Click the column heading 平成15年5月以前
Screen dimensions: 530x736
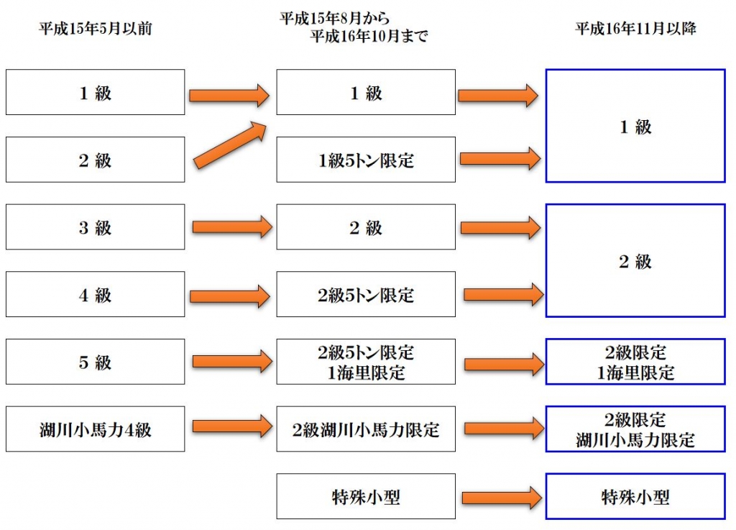95,30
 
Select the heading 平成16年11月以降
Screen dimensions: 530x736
635,29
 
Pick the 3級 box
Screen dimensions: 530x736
95,227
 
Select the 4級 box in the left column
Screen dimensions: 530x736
95,295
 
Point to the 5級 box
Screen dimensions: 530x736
95,362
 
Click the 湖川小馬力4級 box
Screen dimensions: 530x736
95,429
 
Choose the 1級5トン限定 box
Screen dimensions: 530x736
366,160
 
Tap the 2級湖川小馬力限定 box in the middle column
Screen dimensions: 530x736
366,429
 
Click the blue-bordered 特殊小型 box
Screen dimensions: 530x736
635,496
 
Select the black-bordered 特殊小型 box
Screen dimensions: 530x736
366,496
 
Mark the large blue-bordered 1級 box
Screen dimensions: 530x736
635,126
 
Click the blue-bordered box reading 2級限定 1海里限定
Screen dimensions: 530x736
635,362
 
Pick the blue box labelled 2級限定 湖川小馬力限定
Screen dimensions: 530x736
635,429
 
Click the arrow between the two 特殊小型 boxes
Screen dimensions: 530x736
500,497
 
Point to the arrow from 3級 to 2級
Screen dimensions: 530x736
231,227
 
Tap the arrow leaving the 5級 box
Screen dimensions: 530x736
231,362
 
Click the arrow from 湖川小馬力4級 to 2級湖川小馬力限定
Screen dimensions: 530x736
231,427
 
